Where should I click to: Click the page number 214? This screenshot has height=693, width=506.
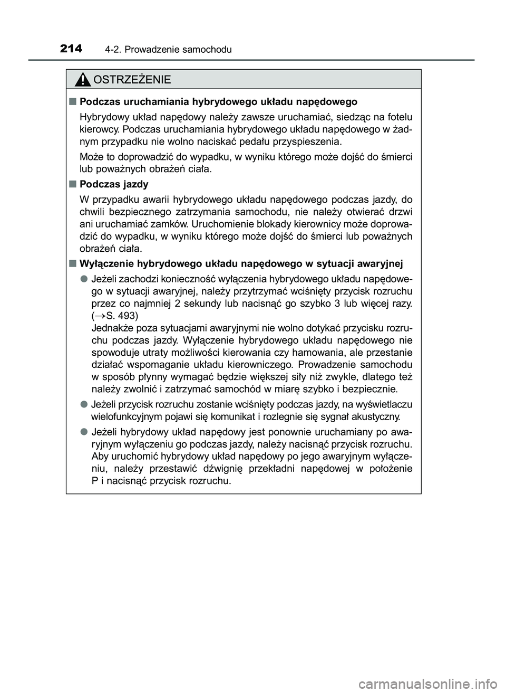pos(71,49)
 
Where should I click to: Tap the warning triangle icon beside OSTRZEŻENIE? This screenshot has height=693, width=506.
pos(83,80)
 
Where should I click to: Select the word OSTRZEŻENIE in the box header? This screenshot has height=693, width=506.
pos(132,80)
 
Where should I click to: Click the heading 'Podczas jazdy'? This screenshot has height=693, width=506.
pos(114,184)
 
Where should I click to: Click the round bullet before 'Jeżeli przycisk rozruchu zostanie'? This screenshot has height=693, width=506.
pos(84,404)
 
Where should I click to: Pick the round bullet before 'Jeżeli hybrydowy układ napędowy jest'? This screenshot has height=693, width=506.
pos(84,431)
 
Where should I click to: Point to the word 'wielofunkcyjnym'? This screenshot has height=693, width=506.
pos(122,416)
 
